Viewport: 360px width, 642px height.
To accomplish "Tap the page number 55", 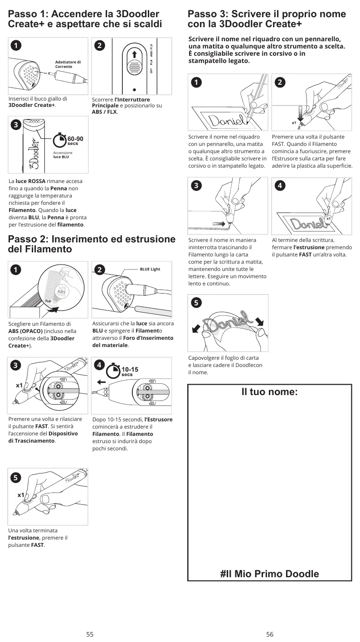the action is [x=90, y=634].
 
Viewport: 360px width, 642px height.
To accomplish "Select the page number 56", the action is [x=270, y=634].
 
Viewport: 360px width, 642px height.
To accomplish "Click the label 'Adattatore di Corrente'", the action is [x=68, y=64].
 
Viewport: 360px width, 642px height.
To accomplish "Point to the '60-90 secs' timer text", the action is [x=75, y=140].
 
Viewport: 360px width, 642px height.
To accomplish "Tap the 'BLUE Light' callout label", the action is [x=150, y=269].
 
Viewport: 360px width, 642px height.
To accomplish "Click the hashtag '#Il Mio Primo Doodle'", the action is [x=270, y=574].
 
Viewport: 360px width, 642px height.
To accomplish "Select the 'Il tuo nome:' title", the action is [x=270, y=392].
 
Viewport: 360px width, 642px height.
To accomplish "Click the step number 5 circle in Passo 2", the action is [x=15, y=478].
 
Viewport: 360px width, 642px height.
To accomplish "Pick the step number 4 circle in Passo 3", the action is [x=280, y=185].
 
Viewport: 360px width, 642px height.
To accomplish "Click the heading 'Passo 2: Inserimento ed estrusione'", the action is [x=92, y=239].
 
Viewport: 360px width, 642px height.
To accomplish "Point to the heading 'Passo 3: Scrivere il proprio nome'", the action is [x=267, y=14].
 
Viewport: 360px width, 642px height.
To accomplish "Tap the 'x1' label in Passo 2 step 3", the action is [x=19, y=386].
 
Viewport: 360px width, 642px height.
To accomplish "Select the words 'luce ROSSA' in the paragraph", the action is [x=30, y=181].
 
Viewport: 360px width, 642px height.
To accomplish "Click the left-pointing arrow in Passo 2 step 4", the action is [x=102, y=382].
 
